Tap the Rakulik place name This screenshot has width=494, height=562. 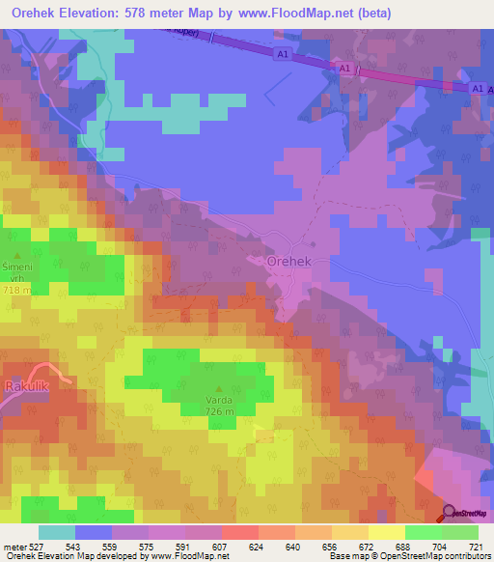(x=27, y=386)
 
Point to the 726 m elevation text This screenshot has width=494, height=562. (x=218, y=411)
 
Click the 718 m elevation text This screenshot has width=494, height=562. (x=16, y=290)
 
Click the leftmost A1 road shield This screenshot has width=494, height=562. (x=280, y=54)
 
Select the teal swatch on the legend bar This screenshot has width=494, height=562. (x=56, y=532)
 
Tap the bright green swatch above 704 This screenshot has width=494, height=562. (x=423, y=532)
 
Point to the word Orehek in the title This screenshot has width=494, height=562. (x=29, y=13)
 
